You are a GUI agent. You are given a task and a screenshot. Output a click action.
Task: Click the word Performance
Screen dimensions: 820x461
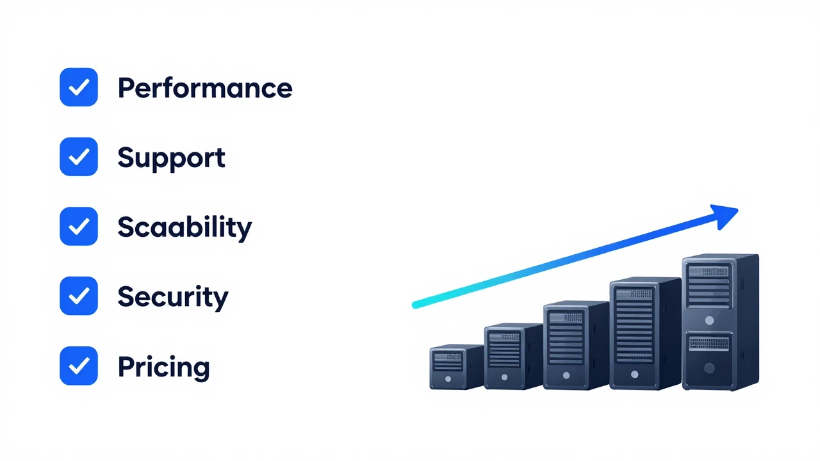click(x=205, y=88)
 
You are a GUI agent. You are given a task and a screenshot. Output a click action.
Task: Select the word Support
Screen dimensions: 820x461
click(x=171, y=158)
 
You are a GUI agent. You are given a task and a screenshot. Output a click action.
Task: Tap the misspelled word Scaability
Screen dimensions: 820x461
click(x=184, y=227)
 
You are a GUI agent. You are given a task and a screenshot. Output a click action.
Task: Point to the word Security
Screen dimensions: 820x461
click(x=173, y=296)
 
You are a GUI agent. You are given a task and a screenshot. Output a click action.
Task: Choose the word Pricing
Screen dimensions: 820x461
click(x=163, y=367)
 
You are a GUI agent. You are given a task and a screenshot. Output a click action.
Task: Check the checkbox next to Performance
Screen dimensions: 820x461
click(x=79, y=87)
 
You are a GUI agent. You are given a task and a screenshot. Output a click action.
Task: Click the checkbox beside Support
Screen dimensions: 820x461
click(x=79, y=157)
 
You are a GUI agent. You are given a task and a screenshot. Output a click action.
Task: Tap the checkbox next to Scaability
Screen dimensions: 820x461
click(x=79, y=226)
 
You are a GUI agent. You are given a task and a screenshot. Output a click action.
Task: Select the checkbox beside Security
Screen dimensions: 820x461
click(x=79, y=296)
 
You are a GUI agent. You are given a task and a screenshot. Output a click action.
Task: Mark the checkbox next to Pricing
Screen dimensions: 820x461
click(x=79, y=366)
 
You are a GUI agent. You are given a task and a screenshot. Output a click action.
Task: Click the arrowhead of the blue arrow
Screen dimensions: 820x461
click(x=726, y=216)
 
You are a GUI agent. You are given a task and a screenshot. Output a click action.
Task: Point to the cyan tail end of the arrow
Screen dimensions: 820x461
click(x=415, y=305)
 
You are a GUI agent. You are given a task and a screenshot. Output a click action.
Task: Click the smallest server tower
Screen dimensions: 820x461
click(x=457, y=367)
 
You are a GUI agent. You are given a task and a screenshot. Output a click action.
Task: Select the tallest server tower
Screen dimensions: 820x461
click(x=721, y=322)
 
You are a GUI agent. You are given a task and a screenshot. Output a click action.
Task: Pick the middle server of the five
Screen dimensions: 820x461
click(x=576, y=345)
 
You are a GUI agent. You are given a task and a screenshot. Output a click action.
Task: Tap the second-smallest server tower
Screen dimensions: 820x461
click(x=513, y=356)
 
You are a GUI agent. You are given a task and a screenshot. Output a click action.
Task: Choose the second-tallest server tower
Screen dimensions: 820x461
click(x=645, y=334)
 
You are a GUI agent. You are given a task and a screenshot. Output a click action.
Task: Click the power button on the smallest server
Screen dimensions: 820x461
click(x=448, y=379)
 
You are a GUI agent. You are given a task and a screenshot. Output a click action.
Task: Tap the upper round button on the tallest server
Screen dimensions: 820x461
click(x=709, y=321)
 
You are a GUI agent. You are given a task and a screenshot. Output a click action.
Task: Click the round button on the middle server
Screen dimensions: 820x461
click(x=566, y=375)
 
